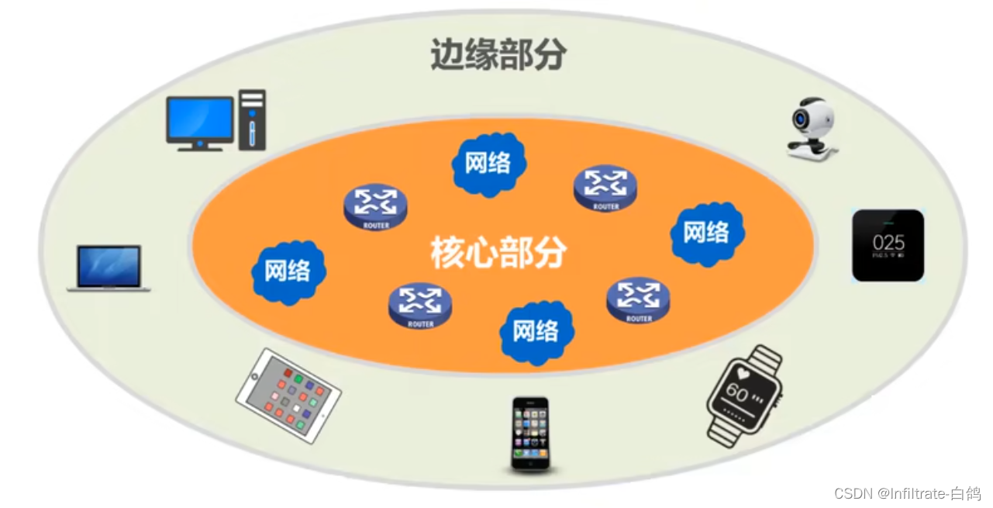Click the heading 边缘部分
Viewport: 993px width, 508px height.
(x=498, y=55)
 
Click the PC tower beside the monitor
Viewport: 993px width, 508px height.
(x=252, y=119)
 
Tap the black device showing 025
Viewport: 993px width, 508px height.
(x=888, y=245)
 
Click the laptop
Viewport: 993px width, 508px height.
(x=109, y=268)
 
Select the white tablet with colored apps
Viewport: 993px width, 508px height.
(x=288, y=395)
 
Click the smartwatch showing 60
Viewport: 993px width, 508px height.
(x=743, y=395)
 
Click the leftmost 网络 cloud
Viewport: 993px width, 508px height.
(x=288, y=271)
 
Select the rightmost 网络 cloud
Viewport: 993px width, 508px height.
(x=706, y=232)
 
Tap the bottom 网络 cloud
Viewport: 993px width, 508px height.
(x=536, y=331)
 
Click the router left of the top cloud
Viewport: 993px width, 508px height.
(x=376, y=206)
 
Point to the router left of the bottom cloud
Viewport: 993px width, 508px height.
(x=420, y=304)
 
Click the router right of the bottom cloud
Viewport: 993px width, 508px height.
(x=639, y=299)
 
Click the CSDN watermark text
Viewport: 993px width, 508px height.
(x=907, y=493)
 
